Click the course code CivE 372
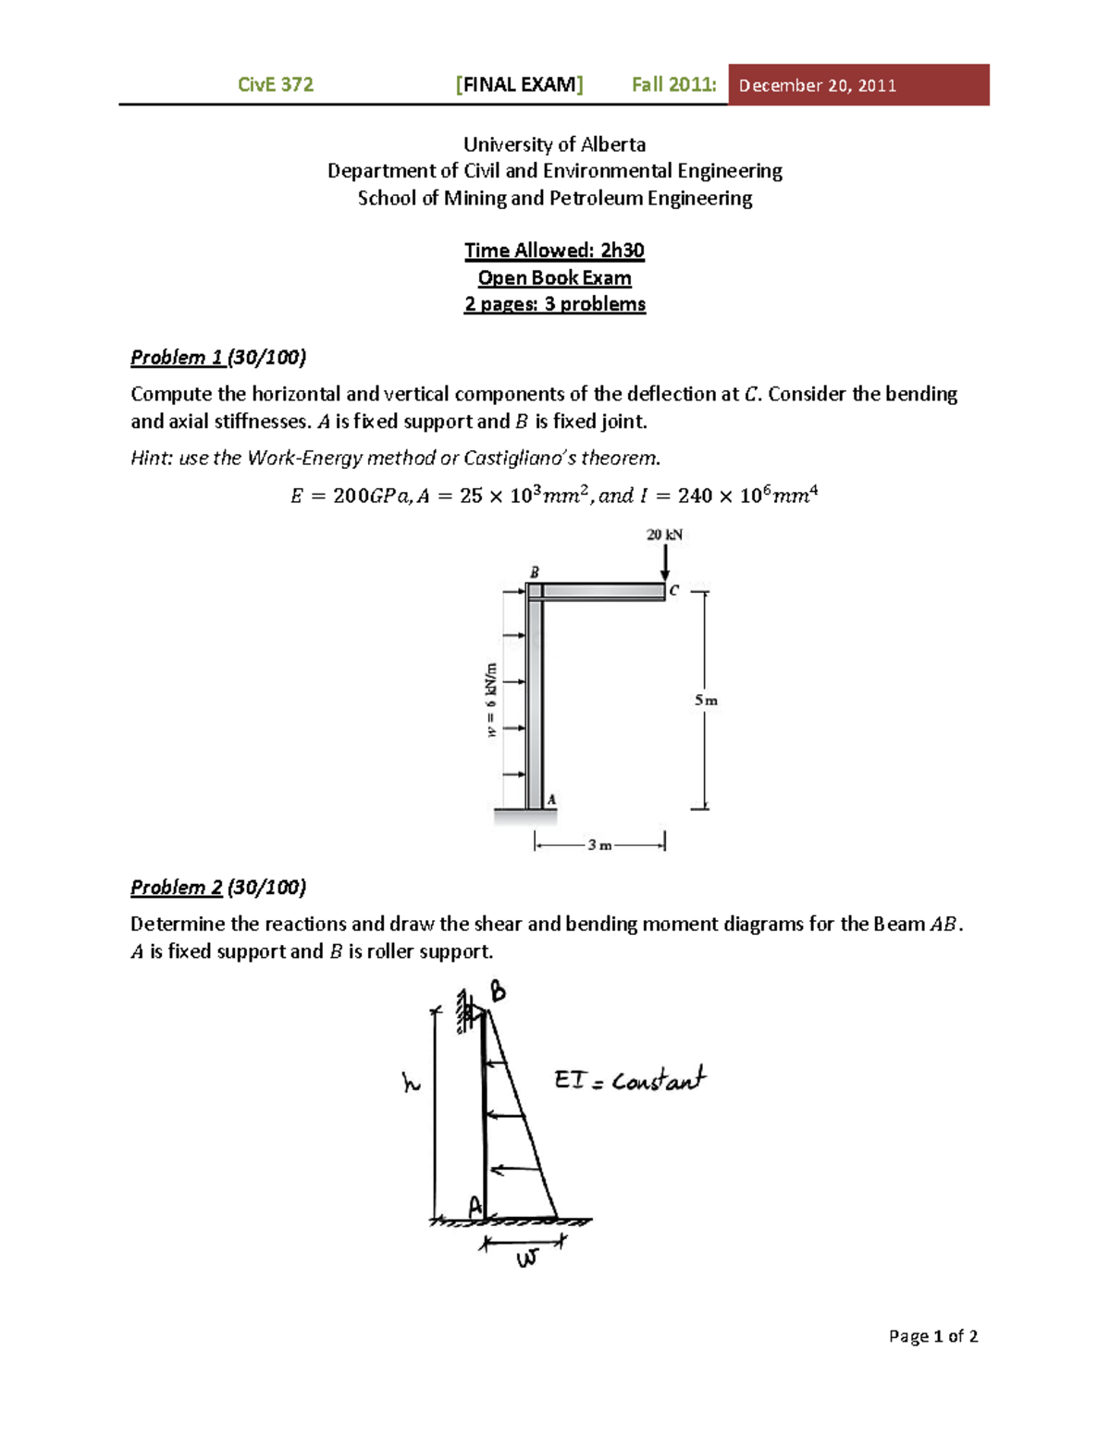coord(276,85)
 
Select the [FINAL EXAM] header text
coord(519,85)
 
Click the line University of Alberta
coord(554,144)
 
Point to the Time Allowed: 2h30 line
coord(554,251)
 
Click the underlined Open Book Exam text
coord(554,277)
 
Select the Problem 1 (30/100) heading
coord(218,357)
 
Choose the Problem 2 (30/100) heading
coord(218,887)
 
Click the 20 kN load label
coord(664,534)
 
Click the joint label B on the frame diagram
coord(534,572)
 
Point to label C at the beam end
coord(674,590)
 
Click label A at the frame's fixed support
coord(551,799)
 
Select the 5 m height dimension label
coord(706,700)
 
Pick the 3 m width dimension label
coord(599,844)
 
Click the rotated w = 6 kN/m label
coord(491,700)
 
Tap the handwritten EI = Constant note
coord(629,1079)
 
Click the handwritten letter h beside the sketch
coord(411,1082)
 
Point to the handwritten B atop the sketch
coord(498,991)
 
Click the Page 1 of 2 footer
coord(932,1335)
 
